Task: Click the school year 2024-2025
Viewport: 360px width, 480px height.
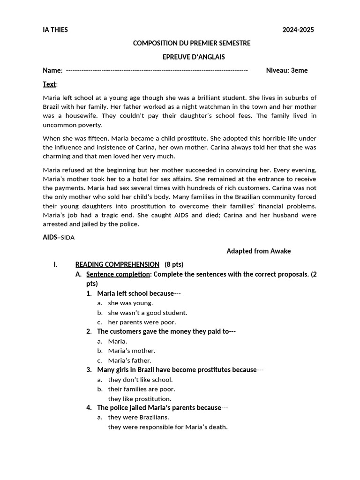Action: click(298, 30)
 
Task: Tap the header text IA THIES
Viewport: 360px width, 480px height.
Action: click(55, 30)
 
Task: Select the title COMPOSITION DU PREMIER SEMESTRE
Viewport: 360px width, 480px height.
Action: click(192, 43)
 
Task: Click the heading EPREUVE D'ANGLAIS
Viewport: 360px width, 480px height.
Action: click(190, 57)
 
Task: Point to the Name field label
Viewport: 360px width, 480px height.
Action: click(52, 70)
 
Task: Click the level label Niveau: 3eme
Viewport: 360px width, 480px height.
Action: click(287, 70)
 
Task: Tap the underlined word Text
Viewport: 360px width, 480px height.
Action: click(49, 84)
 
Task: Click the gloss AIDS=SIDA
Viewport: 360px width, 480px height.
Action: click(59, 237)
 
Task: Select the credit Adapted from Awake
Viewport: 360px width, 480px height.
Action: click(259, 251)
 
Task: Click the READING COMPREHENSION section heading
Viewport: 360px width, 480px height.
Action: click(117, 264)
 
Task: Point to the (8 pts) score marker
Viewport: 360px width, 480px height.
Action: click(174, 264)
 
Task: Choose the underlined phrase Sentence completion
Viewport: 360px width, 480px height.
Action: click(118, 274)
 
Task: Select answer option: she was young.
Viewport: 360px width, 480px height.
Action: click(130, 303)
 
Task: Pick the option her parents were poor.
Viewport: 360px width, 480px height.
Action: click(142, 322)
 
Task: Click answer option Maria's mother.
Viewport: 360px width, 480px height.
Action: click(132, 351)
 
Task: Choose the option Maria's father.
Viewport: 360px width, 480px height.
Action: click(130, 360)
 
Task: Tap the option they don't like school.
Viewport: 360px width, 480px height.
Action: click(140, 380)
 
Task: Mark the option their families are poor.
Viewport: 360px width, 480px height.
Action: click(142, 389)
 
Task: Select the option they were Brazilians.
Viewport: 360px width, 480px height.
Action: click(138, 417)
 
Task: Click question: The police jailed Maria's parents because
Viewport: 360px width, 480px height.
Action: click(159, 407)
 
